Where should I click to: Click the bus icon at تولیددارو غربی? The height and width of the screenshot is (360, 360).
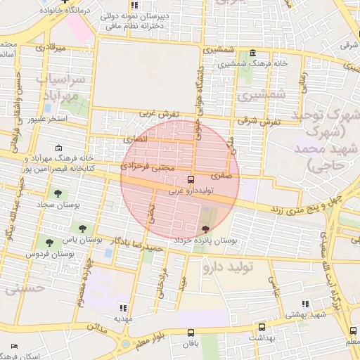[192, 180]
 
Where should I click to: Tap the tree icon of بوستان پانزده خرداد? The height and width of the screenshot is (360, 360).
[205, 229]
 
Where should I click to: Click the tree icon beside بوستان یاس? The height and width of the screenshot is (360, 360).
[84, 229]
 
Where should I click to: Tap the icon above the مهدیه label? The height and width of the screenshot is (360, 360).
[124, 308]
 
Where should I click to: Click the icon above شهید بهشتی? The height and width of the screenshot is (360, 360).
[304, 304]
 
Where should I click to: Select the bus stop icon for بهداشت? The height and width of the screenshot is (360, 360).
[262, 327]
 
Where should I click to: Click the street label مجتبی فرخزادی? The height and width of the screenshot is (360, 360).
[146, 167]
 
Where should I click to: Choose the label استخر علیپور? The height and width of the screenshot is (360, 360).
[47, 119]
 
